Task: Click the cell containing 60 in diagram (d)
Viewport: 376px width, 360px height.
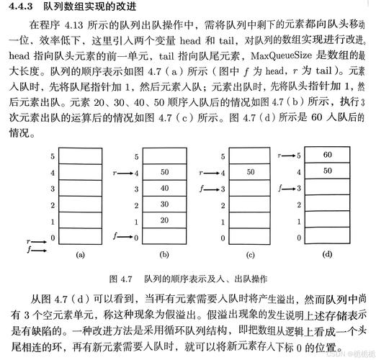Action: pyautogui.click(x=328, y=154)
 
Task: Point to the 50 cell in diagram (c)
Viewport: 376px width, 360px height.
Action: pyautogui.click(x=250, y=172)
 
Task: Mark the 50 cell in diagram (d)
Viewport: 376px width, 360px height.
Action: pyautogui.click(x=328, y=171)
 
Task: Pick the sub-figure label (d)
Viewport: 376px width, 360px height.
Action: pyautogui.click(x=328, y=253)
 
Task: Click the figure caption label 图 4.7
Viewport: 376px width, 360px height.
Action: pyautogui.click(x=120, y=278)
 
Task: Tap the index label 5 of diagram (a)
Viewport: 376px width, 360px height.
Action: pyautogui.click(x=51, y=156)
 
